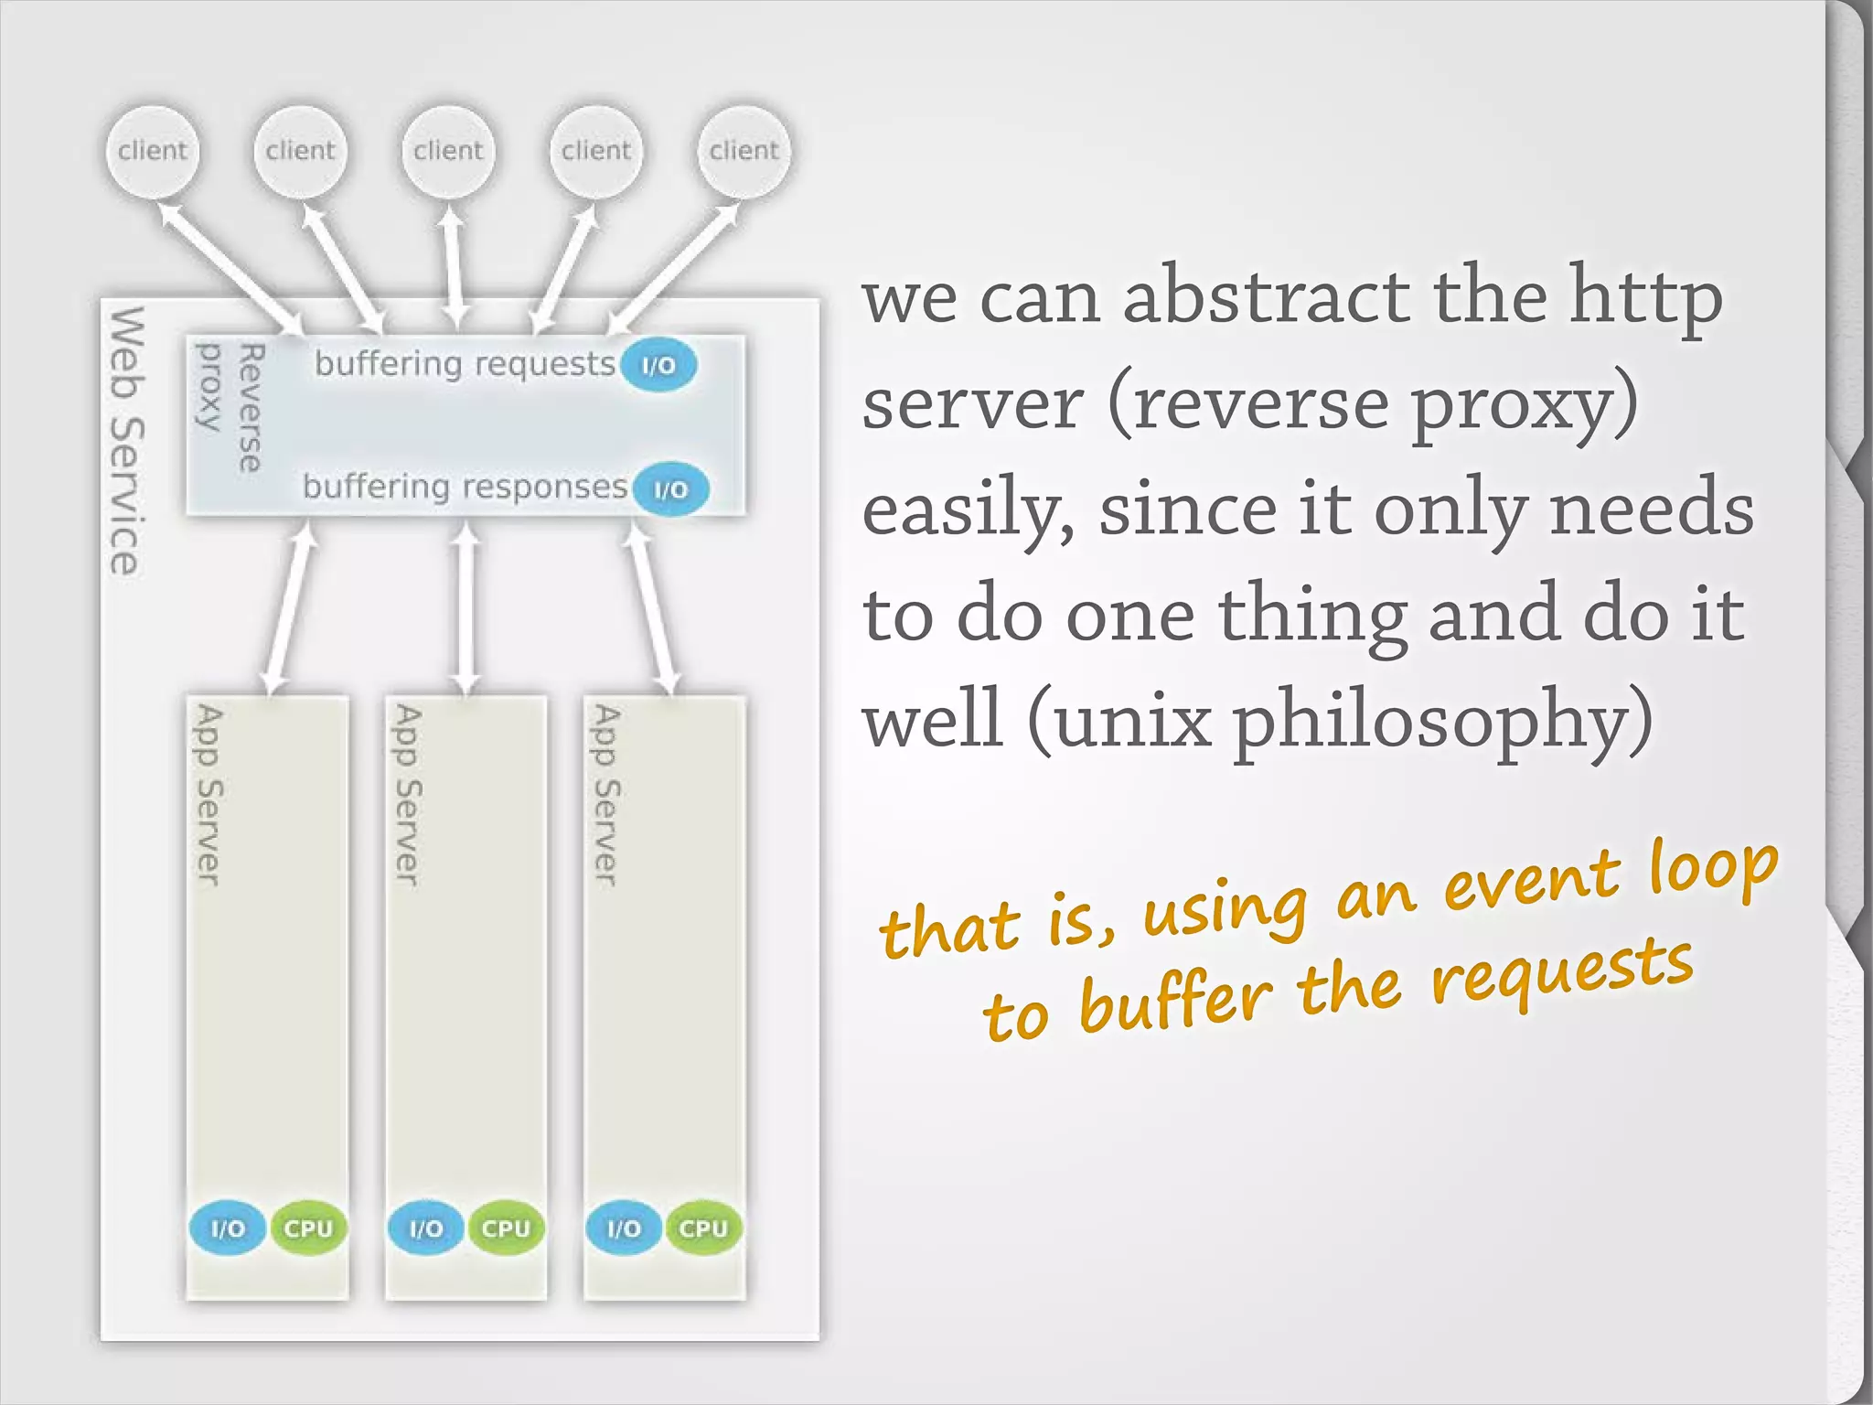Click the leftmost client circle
coord(152,151)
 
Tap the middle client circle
coord(448,151)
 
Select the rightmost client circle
coord(744,151)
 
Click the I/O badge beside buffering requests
coord(658,365)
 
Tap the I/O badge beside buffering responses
coord(670,489)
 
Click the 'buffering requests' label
coord(465,364)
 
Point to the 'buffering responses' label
coord(465,487)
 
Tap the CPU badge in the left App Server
coord(308,1228)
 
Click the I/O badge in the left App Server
coord(228,1228)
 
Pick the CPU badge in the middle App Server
coord(506,1228)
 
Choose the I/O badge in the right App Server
coord(624,1228)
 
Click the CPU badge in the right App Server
coord(703,1228)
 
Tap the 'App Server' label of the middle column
coord(407,794)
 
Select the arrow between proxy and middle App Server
coord(466,607)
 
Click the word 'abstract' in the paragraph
coord(1266,296)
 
